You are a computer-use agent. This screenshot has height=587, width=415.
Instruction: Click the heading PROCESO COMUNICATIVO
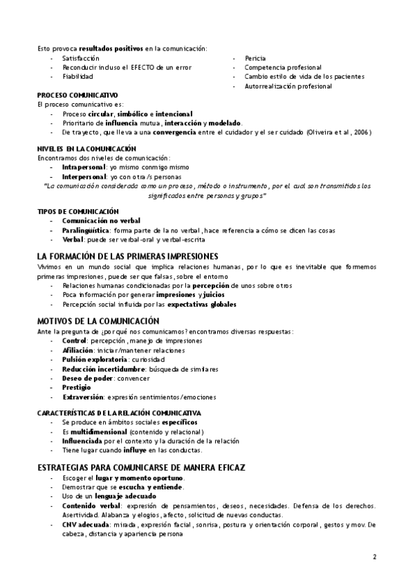(77, 95)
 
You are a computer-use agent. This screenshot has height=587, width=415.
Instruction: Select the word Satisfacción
(80, 58)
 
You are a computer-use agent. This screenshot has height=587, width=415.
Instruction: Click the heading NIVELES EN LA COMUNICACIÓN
(86, 149)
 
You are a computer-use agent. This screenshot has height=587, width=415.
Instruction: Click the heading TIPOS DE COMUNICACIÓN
(78, 211)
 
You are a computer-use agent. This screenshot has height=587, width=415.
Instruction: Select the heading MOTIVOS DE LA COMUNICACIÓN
(98, 321)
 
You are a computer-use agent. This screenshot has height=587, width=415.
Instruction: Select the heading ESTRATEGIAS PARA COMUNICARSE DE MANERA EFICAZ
(141, 468)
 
